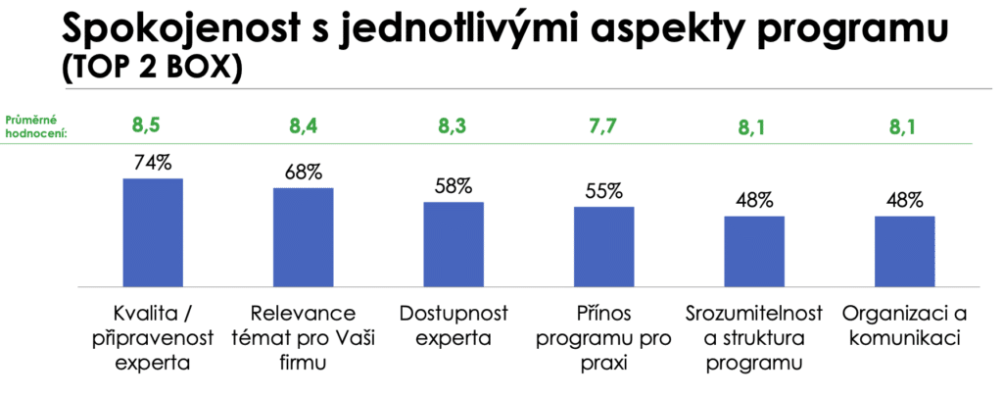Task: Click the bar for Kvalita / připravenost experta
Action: tap(152, 231)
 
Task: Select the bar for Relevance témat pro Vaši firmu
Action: tap(303, 236)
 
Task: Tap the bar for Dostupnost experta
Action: tap(454, 243)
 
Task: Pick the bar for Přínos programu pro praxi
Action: tap(603, 246)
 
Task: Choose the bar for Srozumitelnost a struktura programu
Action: tap(754, 251)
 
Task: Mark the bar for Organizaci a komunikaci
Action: tap(904, 251)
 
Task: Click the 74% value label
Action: tap(153, 163)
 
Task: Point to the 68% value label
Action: tap(304, 173)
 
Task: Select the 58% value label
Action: tap(454, 186)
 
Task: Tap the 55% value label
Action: tap(603, 191)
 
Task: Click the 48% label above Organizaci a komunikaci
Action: tap(904, 200)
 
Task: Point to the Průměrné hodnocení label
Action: tap(37, 124)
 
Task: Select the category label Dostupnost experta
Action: tap(454, 326)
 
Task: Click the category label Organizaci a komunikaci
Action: tap(904, 326)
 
